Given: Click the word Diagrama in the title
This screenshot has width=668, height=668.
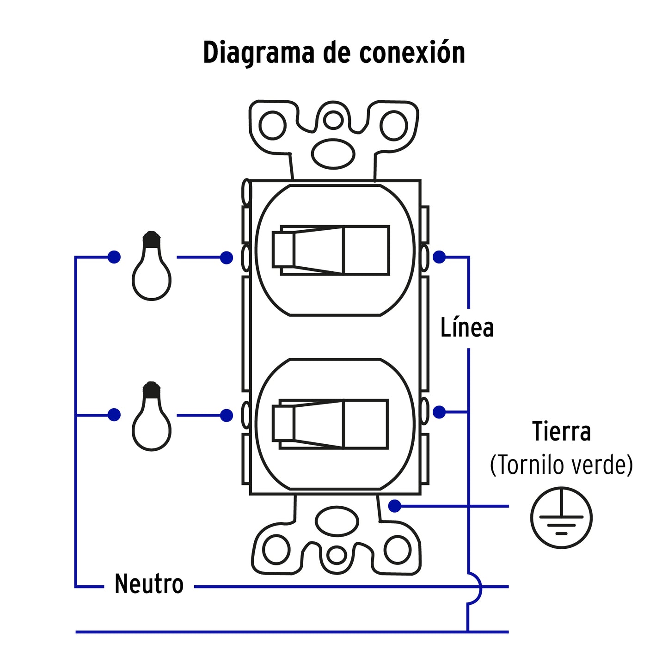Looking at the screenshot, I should point(259,53).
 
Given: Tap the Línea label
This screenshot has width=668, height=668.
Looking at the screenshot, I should point(467,328).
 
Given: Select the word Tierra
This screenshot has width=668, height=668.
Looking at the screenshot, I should point(561,431).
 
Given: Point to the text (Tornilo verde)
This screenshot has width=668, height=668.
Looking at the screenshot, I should point(561,465).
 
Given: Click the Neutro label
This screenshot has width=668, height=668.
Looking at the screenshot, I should point(149,584).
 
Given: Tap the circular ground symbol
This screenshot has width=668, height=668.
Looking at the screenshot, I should point(561,517).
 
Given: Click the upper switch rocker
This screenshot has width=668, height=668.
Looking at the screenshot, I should point(331,251).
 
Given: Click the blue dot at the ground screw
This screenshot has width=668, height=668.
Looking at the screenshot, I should point(395,506).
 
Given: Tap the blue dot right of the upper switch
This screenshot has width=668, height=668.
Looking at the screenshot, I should point(439,257).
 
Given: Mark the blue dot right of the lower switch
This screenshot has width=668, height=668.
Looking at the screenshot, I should point(439,412).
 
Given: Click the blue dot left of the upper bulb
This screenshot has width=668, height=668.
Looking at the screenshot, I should point(114,257).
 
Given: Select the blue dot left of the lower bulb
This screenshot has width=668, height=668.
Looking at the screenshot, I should point(114,415).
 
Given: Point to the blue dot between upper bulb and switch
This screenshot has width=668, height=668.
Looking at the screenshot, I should point(227,257).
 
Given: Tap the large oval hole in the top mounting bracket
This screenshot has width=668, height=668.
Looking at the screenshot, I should point(333,154).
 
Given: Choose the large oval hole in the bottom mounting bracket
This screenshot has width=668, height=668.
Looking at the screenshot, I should point(337,521).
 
